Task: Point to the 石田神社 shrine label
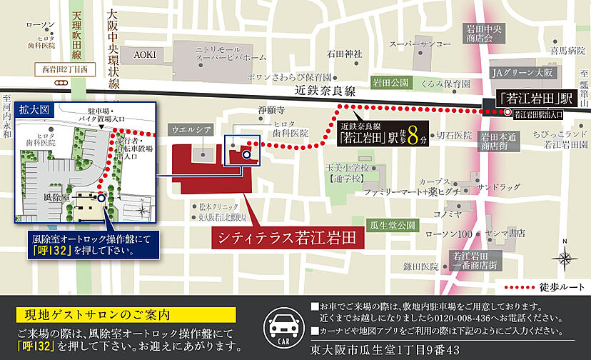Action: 345,54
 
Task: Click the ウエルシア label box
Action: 191,129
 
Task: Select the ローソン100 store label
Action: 448,234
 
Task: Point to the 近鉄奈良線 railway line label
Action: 324,92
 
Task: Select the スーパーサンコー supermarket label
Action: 418,44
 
